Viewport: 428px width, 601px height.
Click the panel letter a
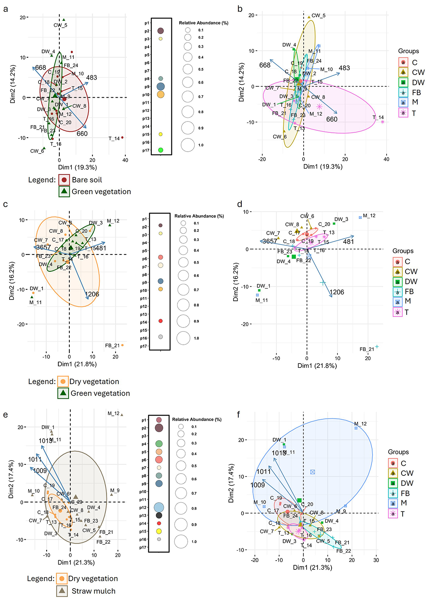5,9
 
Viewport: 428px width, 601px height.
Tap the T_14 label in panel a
114,138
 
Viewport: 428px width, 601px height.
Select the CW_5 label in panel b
318,16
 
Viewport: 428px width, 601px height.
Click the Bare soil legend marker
64,180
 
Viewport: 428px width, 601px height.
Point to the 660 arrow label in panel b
332,119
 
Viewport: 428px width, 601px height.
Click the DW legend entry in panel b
418,83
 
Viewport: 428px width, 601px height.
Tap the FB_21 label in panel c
112,345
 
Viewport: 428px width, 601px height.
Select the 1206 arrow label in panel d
337,292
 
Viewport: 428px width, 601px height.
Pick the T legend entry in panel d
406,312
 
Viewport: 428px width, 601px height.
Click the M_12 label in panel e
113,413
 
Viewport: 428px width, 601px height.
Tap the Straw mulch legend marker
62,591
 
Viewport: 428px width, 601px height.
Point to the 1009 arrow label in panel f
257,485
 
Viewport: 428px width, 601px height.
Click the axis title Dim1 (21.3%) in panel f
312,567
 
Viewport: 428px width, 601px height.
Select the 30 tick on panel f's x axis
376,560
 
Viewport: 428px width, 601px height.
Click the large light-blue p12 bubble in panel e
159,507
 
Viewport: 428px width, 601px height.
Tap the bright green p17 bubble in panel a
160,150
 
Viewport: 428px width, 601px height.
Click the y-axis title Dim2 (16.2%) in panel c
12,281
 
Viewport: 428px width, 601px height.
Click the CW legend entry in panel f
407,473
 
